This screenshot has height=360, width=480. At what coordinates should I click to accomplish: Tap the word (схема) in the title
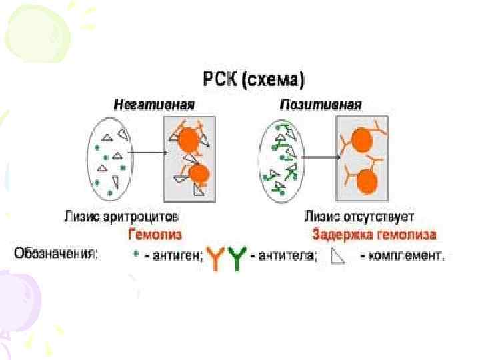pos(273,81)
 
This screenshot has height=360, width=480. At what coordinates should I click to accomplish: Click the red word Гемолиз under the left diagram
pos(155,235)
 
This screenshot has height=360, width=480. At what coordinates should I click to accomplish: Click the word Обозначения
pos(57,254)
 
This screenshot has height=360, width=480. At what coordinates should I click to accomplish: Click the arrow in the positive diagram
pos(322,158)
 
